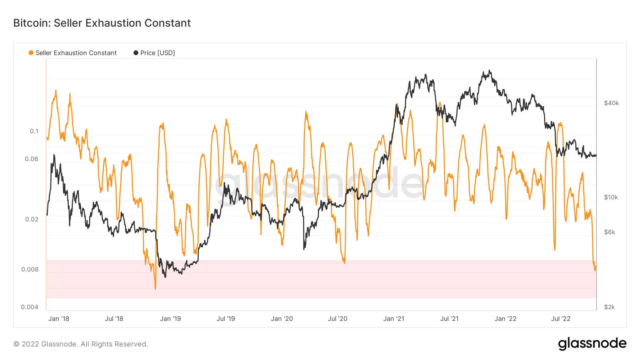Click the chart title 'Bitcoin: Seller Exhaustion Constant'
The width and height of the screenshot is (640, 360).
click(x=102, y=23)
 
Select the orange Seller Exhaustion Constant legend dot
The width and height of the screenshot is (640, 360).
click(x=31, y=53)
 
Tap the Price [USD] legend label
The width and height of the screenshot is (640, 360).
click(x=158, y=53)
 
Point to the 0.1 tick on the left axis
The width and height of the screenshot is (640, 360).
click(x=34, y=131)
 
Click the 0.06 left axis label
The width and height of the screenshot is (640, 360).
click(x=32, y=159)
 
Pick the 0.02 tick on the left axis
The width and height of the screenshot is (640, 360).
click(x=32, y=219)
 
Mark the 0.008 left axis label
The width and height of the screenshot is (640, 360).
click(x=30, y=269)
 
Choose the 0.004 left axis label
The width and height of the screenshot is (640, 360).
click(x=30, y=307)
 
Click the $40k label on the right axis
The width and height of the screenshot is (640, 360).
click(x=612, y=103)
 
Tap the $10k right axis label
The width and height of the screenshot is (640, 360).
click(x=611, y=197)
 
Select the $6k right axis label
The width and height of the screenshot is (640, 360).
click(x=610, y=232)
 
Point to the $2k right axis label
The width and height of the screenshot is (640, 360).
click(x=610, y=307)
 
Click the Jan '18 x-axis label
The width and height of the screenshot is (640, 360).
click(x=59, y=319)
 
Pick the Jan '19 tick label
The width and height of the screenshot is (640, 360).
click(x=170, y=319)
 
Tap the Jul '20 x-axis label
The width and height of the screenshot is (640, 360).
click(x=337, y=319)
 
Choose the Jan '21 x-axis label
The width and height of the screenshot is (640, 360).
click(x=394, y=319)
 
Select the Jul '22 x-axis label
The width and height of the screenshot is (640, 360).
click(x=561, y=319)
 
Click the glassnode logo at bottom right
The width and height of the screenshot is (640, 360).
click(x=592, y=344)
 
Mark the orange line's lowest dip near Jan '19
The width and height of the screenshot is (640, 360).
click(x=155, y=289)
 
